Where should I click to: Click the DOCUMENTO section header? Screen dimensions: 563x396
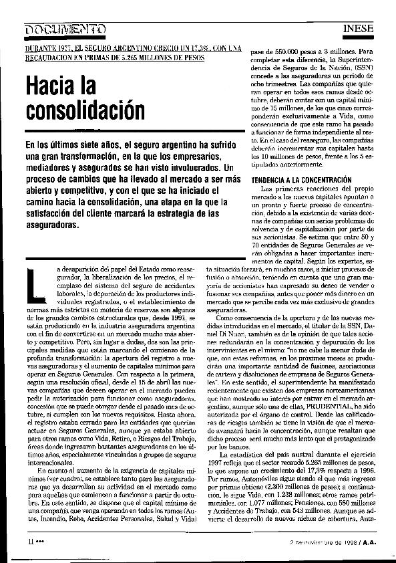click(x=65, y=28)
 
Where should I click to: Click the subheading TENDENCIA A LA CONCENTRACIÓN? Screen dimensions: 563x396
click(x=301, y=181)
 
